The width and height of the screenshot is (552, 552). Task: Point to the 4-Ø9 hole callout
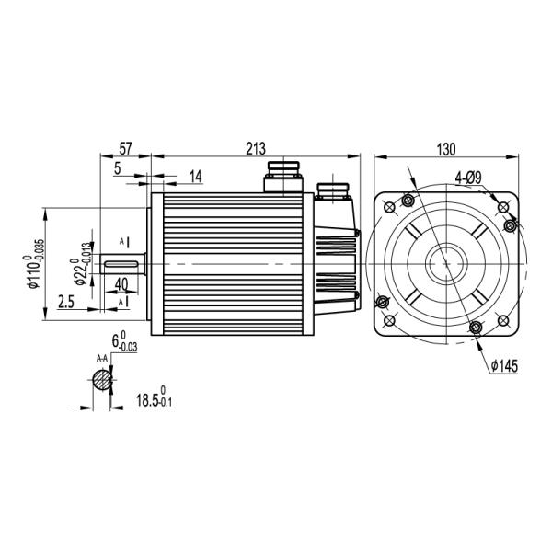468,177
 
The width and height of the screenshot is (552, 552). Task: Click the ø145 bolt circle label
504,365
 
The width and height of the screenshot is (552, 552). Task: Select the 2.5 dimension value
65,302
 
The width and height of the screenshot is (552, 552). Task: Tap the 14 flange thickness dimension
196,175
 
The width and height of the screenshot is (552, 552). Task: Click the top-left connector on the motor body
282,175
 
